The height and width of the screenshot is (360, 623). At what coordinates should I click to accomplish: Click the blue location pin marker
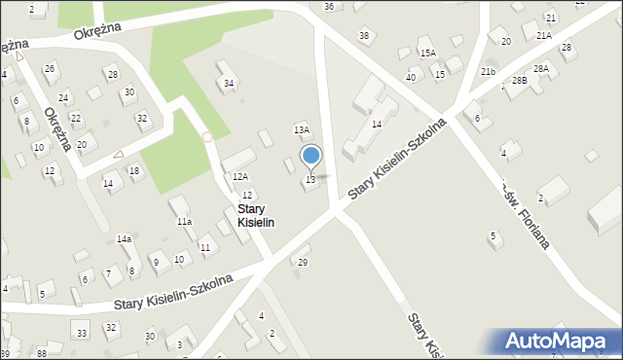point(311,156)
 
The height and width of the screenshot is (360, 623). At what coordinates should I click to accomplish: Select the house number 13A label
point(302,129)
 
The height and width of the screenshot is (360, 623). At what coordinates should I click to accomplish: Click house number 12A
point(239,176)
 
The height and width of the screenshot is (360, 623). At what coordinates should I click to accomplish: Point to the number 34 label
point(229,83)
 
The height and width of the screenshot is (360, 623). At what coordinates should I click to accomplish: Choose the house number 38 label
point(364,36)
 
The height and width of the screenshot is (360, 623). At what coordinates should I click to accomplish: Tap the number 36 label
point(329,7)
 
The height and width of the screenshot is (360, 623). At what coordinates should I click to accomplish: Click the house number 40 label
point(411,77)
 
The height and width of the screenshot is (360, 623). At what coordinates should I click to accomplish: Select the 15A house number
point(427,53)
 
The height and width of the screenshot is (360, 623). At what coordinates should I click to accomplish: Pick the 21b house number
point(488,71)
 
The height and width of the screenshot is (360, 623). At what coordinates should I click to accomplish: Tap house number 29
point(303,263)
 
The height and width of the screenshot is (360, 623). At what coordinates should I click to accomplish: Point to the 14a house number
point(124,238)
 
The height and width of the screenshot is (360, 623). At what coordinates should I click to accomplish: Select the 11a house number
point(183,222)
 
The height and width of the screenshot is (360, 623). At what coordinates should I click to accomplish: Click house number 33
point(82,334)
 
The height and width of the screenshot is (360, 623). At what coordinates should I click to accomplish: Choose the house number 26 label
point(50,68)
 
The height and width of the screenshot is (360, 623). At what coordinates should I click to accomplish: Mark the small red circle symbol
point(206,137)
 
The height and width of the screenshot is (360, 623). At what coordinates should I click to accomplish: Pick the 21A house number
point(543,35)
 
